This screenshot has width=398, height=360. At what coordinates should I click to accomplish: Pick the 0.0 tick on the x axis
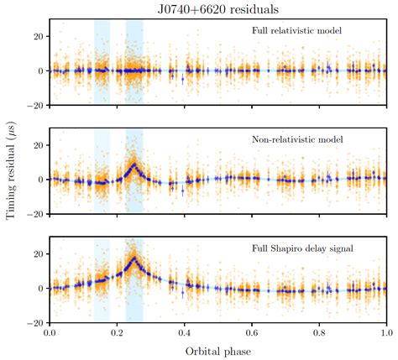50,333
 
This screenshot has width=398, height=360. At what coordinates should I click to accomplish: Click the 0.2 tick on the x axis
117,333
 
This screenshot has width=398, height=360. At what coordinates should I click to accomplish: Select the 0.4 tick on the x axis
184,333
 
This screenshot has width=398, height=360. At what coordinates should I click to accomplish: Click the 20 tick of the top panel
39,36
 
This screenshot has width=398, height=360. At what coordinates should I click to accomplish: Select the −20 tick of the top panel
35,105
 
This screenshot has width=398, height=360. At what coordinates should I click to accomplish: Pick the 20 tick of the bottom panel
39,253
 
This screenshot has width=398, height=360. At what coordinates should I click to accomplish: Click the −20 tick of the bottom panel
35,322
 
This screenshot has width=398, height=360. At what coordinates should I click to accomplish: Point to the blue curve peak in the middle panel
134,164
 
